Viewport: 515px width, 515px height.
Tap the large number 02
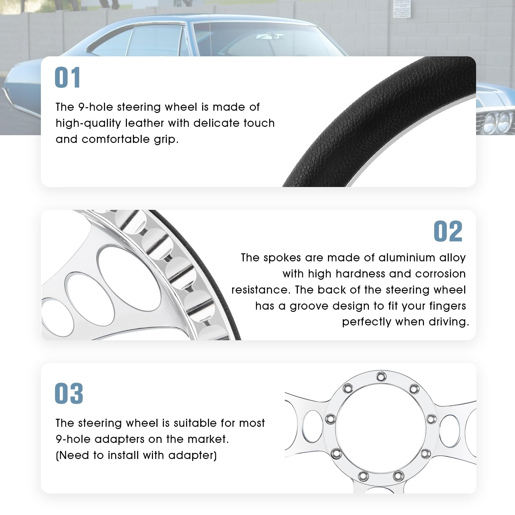[448, 231]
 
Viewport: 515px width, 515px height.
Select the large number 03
[69, 393]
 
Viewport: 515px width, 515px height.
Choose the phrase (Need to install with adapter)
[136, 455]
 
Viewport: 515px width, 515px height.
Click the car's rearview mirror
[270, 36]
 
